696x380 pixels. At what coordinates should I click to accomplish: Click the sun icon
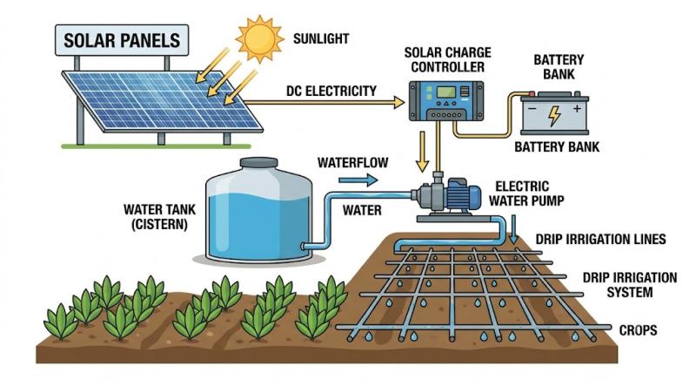click(259, 38)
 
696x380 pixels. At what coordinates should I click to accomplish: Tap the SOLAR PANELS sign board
click(122, 40)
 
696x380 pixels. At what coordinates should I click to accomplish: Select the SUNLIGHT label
click(321, 38)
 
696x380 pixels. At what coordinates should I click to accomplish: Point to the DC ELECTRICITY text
click(331, 91)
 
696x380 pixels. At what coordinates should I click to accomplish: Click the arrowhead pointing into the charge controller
click(399, 103)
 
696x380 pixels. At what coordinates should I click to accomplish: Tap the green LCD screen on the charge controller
click(446, 92)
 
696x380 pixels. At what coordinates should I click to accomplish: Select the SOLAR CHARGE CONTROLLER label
click(447, 59)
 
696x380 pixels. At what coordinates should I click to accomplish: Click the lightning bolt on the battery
click(554, 116)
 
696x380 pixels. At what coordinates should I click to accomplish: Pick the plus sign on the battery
click(577, 108)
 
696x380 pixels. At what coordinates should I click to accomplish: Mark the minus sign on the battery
click(532, 108)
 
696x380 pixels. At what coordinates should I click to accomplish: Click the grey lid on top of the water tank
click(258, 163)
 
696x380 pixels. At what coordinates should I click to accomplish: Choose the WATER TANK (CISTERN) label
click(159, 216)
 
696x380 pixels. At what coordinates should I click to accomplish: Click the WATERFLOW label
click(353, 163)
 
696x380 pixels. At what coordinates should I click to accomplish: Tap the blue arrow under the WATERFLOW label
click(358, 180)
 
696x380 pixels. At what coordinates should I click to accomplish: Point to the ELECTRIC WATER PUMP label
click(526, 193)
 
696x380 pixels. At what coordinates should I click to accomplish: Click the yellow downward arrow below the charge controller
click(422, 152)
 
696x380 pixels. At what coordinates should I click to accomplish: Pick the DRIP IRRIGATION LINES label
click(600, 239)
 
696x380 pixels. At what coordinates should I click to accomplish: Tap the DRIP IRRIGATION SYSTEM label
click(630, 285)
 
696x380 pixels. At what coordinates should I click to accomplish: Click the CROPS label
click(638, 330)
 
